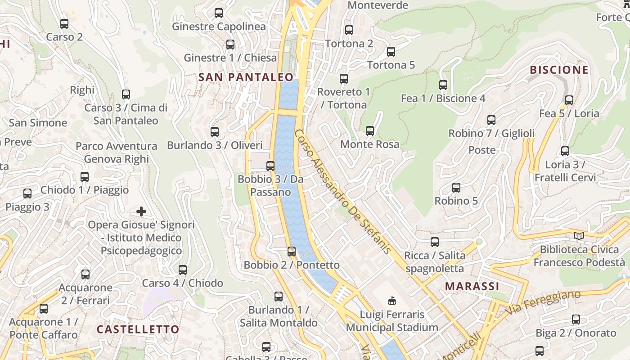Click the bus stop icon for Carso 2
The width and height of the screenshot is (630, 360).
64,24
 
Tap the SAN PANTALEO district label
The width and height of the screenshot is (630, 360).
246,77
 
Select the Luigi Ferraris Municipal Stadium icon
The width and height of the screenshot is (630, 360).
392,301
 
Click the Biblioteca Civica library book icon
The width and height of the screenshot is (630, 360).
579,236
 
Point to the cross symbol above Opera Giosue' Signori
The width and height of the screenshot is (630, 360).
141,211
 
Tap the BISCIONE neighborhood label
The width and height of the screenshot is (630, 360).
559,70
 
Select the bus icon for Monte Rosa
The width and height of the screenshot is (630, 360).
370,131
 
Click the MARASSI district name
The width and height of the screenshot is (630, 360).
472,286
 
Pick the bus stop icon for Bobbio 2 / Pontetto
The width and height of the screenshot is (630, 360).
292,252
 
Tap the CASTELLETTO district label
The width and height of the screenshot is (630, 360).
138,329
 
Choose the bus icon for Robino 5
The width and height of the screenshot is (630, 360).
456,188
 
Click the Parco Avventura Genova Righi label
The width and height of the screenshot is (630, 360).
116,153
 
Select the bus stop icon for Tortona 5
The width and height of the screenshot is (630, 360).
391,52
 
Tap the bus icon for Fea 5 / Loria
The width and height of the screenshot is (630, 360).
569,100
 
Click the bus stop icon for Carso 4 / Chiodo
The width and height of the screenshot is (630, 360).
183,270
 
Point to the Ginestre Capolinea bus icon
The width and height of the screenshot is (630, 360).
219,13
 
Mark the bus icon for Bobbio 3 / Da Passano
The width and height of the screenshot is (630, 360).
270,166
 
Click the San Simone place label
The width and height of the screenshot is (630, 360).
38,123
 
